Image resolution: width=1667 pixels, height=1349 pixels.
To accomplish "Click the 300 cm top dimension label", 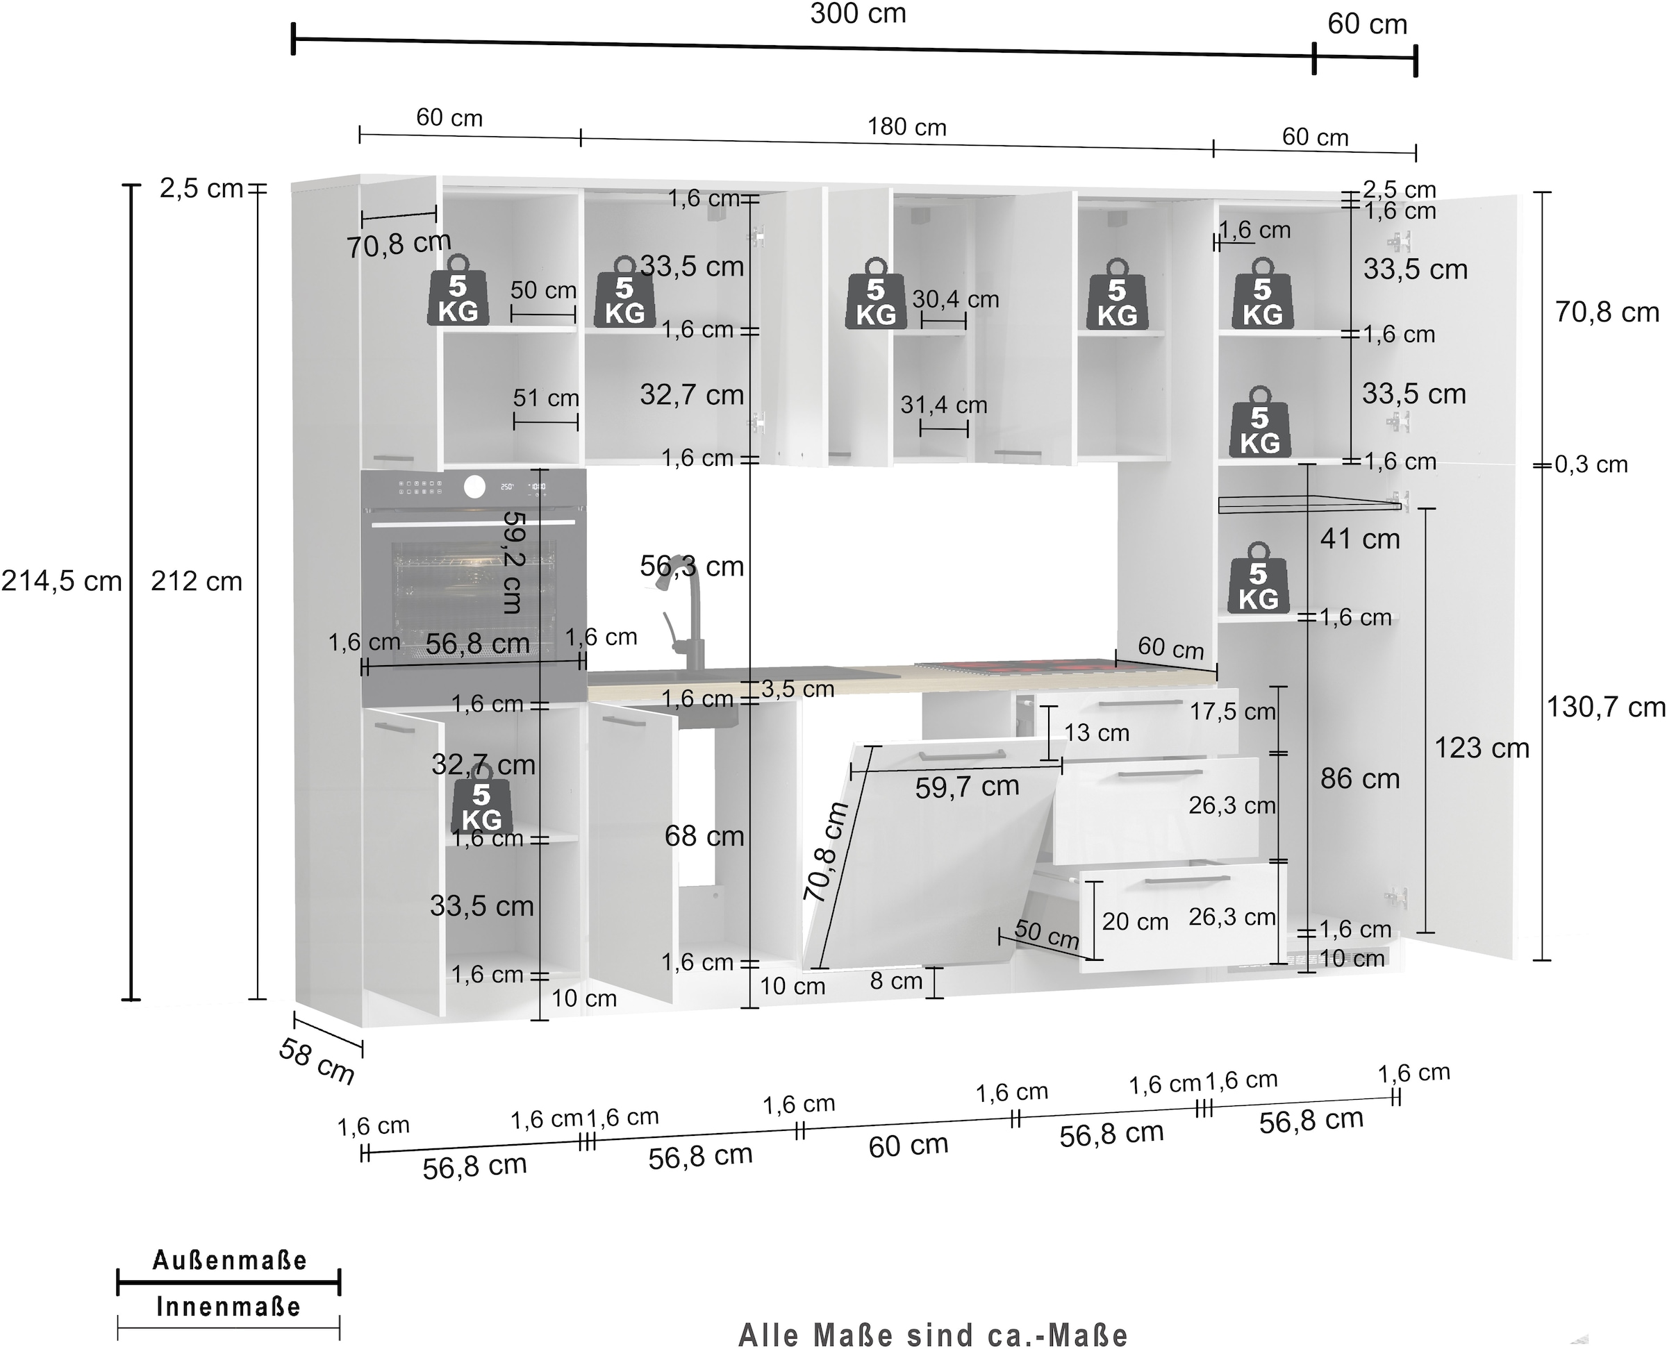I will (x=858, y=14).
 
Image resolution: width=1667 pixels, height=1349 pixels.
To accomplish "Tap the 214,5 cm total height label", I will (x=61, y=581).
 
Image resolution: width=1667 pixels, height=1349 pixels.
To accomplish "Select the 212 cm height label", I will (x=196, y=581).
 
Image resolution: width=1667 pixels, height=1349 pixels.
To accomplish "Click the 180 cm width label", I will (x=906, y=128).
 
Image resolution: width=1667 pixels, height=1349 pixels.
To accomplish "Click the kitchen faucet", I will (x=684, y=606).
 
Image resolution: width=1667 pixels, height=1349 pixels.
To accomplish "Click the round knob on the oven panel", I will (x=474, y=487).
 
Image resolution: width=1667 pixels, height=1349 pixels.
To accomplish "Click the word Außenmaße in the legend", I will (x=229, y=1260).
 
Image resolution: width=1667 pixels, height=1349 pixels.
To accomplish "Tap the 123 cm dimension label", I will (x=1481, y=748).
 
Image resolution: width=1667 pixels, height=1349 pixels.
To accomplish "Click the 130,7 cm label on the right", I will (x=1604, y=708).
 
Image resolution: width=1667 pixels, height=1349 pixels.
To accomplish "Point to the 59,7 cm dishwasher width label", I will (x=966, y=787).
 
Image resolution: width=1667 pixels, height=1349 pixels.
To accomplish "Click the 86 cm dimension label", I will (x=1359, y=778).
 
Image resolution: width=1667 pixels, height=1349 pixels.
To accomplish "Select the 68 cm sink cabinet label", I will (x=704, y=836).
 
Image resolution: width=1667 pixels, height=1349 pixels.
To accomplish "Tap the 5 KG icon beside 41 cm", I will (x=1258, y=579).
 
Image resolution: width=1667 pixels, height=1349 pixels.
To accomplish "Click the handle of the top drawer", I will (x=1140, y=703).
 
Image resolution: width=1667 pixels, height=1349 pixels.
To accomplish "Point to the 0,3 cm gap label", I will (x=1590, y=464).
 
